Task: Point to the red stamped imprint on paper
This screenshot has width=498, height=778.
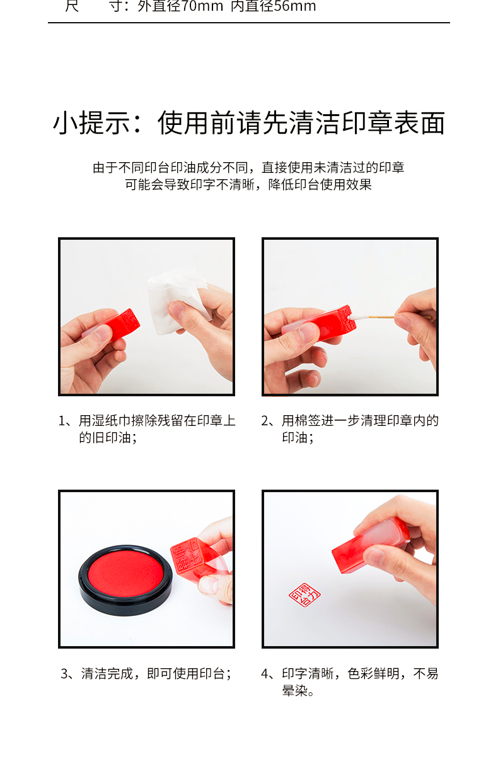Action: click(x=304, y=594)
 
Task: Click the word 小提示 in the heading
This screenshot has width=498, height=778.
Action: click(x=92, y=123)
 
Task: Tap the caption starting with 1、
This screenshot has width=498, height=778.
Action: click(x=147, y=429)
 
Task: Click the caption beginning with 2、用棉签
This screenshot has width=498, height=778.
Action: click(x=350, y=429)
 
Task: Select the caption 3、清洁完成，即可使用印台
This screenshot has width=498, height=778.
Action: click(x=146, y=673)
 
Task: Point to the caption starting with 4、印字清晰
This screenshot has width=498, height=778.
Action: click(x=350, y=682)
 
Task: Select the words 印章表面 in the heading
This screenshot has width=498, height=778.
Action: click(x=393, y=123)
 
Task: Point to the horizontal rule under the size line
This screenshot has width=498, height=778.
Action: click(x=249, y=23)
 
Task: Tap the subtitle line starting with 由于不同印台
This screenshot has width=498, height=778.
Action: click(x=248, y=167)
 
